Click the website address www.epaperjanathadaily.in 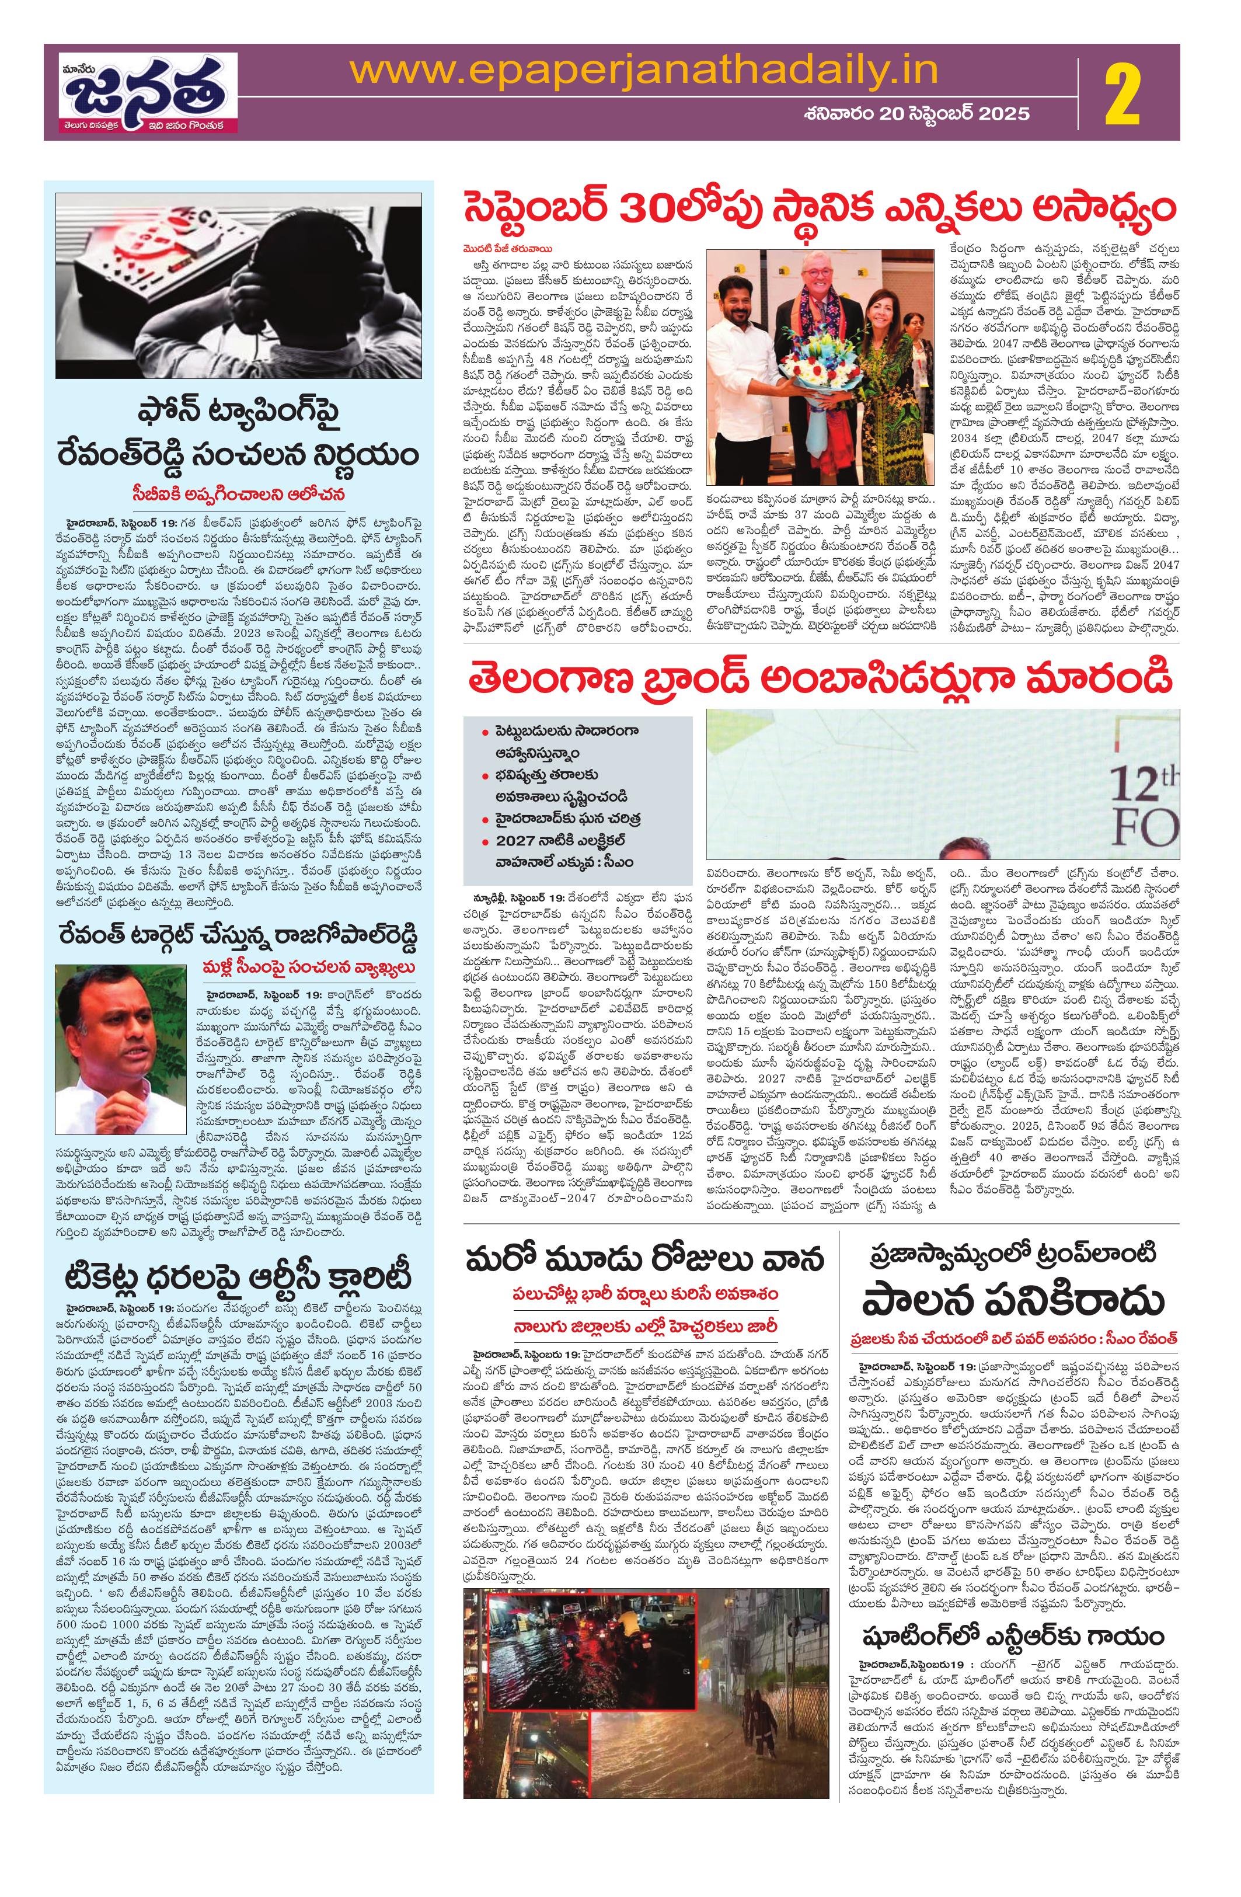point(644,69)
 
